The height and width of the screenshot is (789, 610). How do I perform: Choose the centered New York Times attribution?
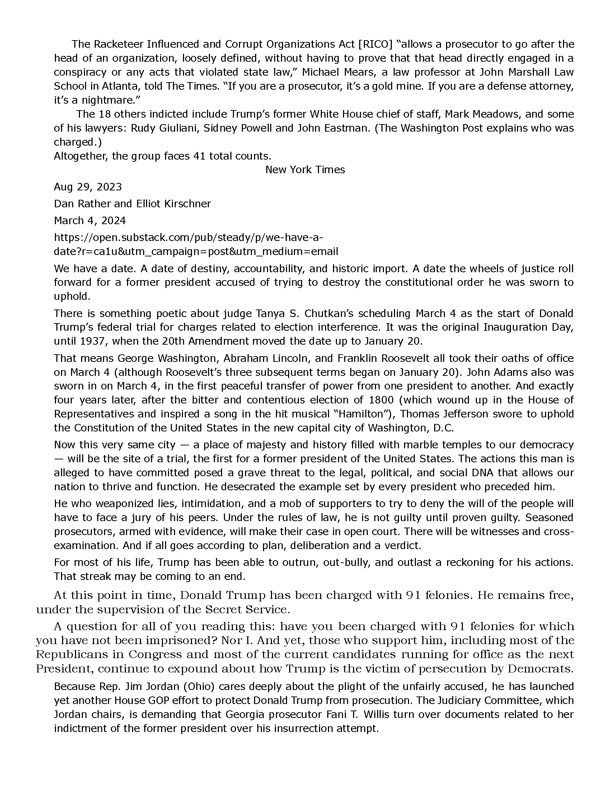(305, 170)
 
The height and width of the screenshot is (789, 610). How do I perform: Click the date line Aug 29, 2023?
(88, 187)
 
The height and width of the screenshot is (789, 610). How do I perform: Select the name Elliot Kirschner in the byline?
(173, 204)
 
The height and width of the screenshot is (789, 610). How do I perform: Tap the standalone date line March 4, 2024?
(90, 220)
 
